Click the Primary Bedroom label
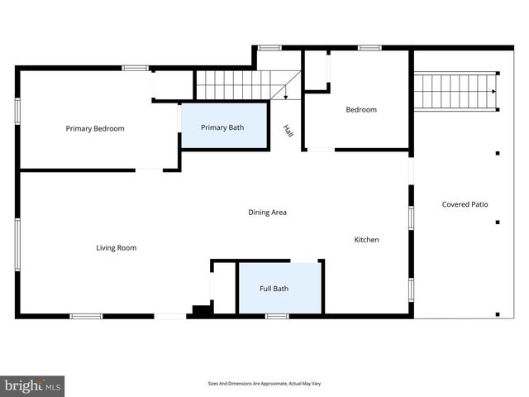click(x=95, y=129)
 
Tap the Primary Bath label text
click(x=222, y=127)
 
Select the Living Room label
click(x=117, y=248)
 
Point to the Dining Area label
click(x=267, y=213)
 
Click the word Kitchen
click(x=366, y=240)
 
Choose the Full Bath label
click(x=274, y=289)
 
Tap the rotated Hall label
click(x=288, y=131)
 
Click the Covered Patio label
click(x=465, y=204)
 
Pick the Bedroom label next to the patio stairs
click(x=361, y=110)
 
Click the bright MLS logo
click(x=32, y=386)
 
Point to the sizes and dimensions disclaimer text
click(x=264, y=384)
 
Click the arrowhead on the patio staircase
click(x=494, y=92)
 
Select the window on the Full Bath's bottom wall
click(x=277, y=316)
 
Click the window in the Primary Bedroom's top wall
click(x=135, y=68)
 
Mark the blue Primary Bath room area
click(x=224, y=126)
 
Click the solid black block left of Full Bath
click(x=202, y=309)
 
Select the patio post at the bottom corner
click(x=498, y=314)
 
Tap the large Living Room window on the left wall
click(x=17, y=245)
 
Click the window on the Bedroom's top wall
click(x=369, y=48)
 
